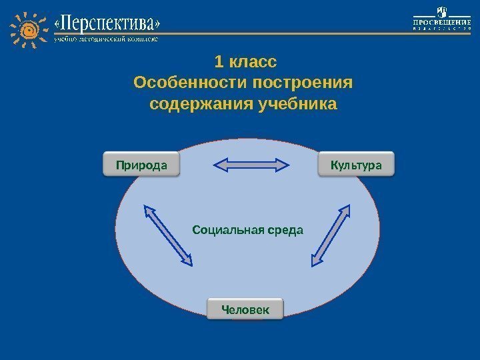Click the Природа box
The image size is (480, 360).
[x=141, y=164]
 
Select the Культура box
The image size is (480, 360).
[x=357, y=164]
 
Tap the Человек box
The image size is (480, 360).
[x=245, y=309]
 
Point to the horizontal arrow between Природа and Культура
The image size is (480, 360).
[x=251, y=165]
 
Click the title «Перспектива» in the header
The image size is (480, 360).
[x=107, y=25]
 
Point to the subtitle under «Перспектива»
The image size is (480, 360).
[x=106, y=39]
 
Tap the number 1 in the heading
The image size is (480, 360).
[x=219, y=63]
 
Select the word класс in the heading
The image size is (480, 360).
[x=252, y=63]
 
